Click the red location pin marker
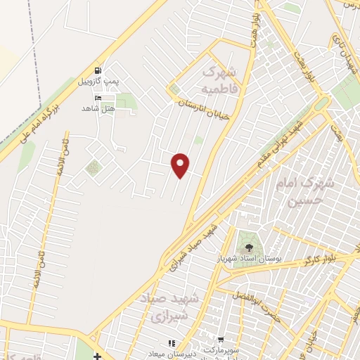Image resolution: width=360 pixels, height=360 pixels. click(181, 165)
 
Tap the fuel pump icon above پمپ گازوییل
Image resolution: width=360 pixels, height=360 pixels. click(98, 71)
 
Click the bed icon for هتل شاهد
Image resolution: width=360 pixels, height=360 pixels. click(97, 98)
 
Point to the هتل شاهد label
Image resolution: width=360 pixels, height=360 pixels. click(97, 108)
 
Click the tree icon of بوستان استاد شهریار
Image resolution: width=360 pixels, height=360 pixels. click(248, 247)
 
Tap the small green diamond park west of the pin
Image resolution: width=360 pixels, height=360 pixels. click(92, 167)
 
